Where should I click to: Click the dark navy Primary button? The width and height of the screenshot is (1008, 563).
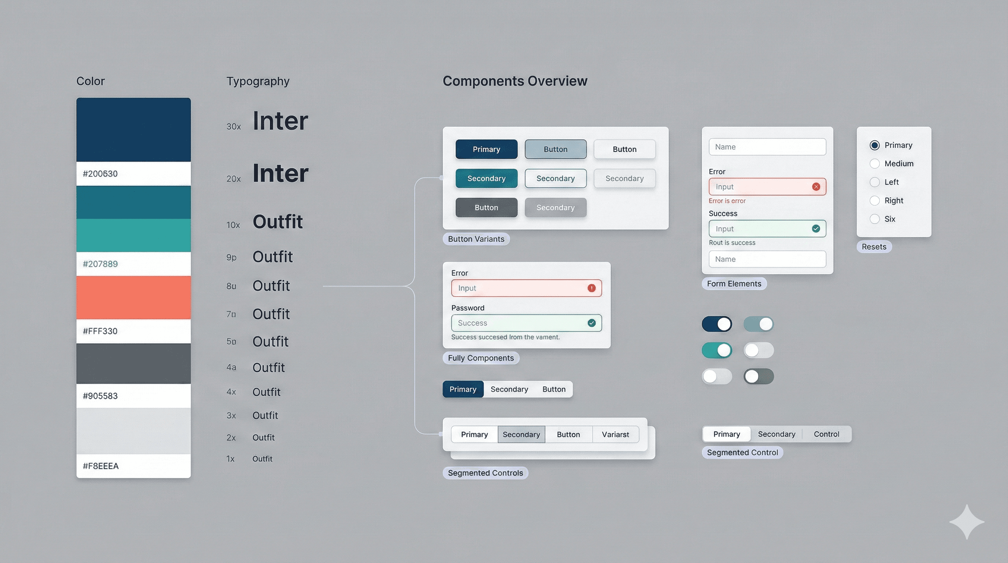click(486, 149)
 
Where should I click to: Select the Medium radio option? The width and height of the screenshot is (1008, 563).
click(875, 163)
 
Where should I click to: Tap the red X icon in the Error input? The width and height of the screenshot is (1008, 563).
click(816, 187)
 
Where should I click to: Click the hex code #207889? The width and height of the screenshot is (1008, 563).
click(100, 264)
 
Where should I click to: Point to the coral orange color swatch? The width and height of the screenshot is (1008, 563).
click(133, 298)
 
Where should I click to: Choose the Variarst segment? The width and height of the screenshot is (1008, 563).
click(615, 434)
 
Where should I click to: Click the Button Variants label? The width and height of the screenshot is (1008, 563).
click(476, 239)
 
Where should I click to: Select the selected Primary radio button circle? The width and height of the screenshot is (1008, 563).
click(875, 145)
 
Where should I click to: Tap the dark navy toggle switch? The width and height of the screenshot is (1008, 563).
click(716, 324)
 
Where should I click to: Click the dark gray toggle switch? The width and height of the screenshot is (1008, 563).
click(758, 376)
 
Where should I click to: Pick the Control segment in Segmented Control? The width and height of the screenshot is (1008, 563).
click(826, 434)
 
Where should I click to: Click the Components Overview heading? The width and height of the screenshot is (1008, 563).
click(515, 81)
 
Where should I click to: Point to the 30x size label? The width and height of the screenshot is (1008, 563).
click(234, 126)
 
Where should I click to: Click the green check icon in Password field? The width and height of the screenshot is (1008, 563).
click(591, 323)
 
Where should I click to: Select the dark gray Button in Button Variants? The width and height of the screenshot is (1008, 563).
click(486, 207)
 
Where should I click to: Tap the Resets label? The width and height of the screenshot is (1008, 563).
click(874, 247)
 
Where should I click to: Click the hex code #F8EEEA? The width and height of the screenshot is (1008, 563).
click(101, 466)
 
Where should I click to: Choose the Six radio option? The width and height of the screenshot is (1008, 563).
click(875, 219)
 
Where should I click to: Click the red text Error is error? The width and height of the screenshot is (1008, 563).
click(727, 201)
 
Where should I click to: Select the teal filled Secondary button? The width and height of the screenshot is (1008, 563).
click(486, 179)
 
